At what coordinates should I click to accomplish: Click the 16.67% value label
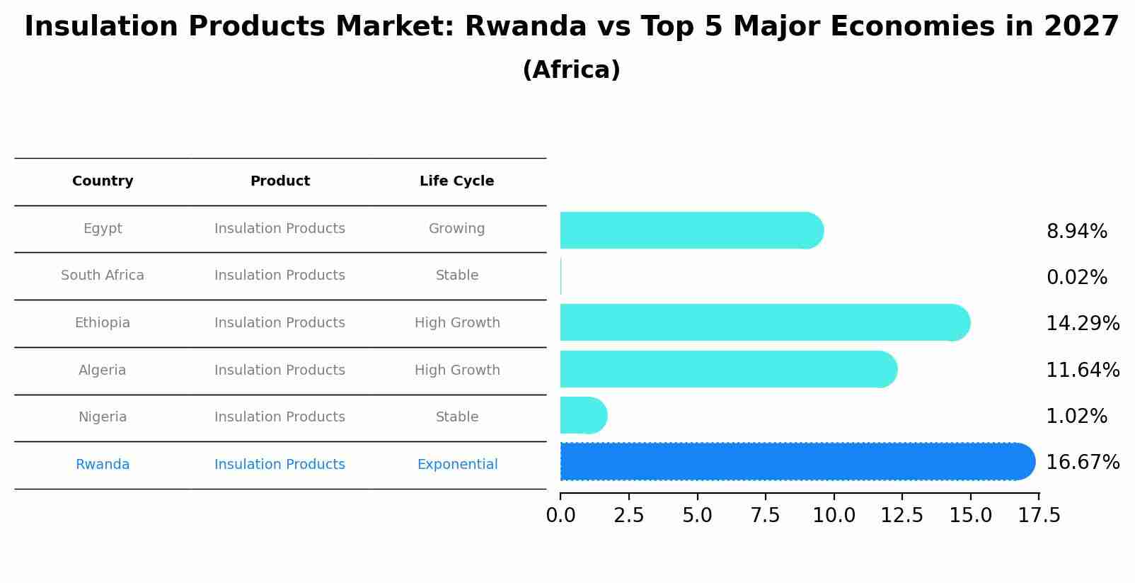1082,463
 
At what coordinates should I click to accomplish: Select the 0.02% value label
1076,278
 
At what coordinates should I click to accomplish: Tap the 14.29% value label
1082,324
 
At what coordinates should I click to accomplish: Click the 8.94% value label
1076,232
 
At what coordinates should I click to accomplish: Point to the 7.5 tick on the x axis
766,516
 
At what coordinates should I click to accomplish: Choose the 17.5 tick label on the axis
1039,516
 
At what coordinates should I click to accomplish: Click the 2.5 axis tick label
629,516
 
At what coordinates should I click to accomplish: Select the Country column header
103,181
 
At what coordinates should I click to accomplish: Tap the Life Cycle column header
456,181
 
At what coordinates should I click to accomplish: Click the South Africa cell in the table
103,276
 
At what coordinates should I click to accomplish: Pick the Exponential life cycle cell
457,465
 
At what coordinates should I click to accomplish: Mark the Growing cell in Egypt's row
456,229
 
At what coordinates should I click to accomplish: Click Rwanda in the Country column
103,465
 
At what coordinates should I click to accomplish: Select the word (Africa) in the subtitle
571,70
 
